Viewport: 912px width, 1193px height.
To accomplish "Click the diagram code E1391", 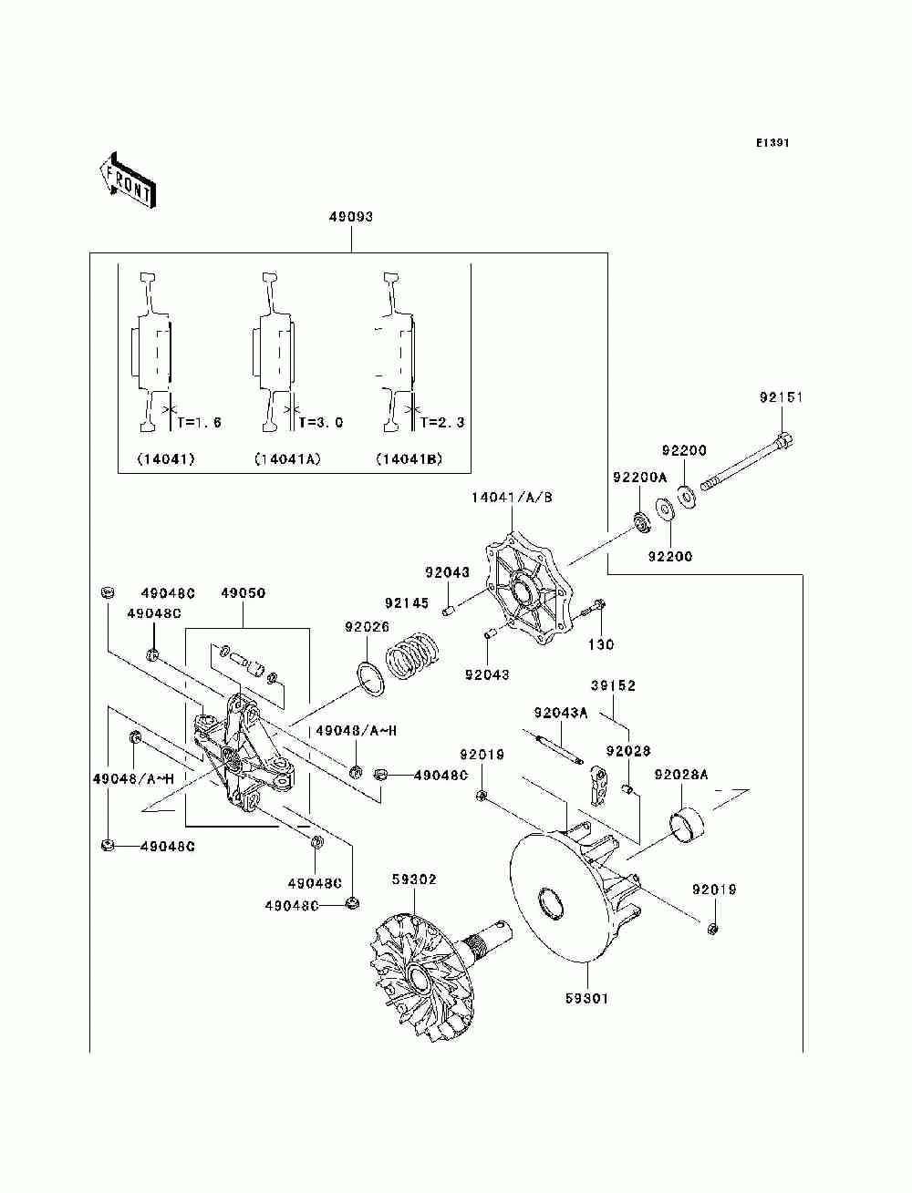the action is coord(772,143).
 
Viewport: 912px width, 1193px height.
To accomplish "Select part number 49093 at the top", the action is coord(351,217).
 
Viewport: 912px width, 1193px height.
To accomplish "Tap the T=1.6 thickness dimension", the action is coord(199,422).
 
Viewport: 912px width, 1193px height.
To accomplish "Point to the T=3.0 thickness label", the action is coord(321,422).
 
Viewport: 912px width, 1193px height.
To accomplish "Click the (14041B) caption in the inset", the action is coord(409,459).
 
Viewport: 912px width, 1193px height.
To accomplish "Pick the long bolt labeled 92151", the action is coord(748,460).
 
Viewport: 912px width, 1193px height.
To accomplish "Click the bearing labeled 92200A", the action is coord(643,522).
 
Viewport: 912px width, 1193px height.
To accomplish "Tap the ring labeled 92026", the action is coord(369,678).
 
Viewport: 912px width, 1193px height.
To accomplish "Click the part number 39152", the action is coord(613,686).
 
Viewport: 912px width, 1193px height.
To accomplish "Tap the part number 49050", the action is coord(244,593).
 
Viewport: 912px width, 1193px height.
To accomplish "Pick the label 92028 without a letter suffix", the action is coord(628,751).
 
